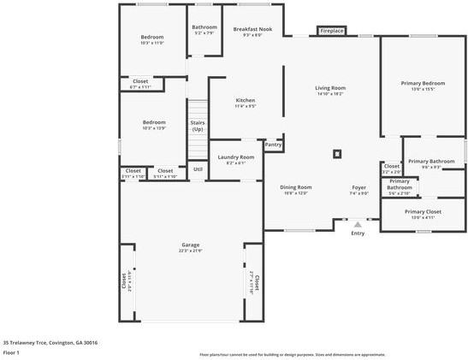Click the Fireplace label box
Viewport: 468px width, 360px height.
coord(332,31)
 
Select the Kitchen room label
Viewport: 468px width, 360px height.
coord(246,101)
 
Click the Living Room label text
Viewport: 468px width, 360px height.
coord(329,88)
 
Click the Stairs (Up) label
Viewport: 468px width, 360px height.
coord(197,126)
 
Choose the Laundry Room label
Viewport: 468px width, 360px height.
coord(236,157)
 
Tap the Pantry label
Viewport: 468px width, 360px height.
coord(273,145)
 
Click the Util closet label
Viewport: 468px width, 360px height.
coord(197,169)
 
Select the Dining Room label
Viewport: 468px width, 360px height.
coord(297,187)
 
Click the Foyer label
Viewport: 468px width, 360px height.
coord(359,187)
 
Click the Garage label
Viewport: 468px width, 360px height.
coord(190,245)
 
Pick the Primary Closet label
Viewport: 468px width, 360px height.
coord(423,211)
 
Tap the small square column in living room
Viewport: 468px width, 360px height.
coord(337,154)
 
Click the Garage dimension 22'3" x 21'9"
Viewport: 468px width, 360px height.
coord(190,250)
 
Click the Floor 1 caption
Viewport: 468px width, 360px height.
coord(11,351)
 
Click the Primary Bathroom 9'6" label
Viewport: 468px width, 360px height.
coord(430,162)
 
